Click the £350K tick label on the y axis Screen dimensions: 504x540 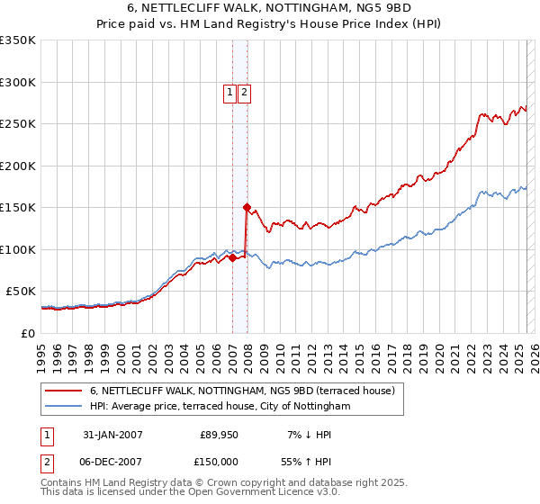tap(18, 40)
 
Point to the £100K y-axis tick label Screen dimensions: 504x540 tap(18, 249)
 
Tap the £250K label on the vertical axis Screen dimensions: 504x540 tap(18, 124)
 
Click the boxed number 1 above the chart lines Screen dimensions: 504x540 tap(229, 92)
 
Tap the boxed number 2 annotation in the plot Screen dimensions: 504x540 tap(244, 92)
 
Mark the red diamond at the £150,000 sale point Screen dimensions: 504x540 tap(247, 207)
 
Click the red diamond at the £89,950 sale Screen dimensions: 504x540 tap(232, 257)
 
